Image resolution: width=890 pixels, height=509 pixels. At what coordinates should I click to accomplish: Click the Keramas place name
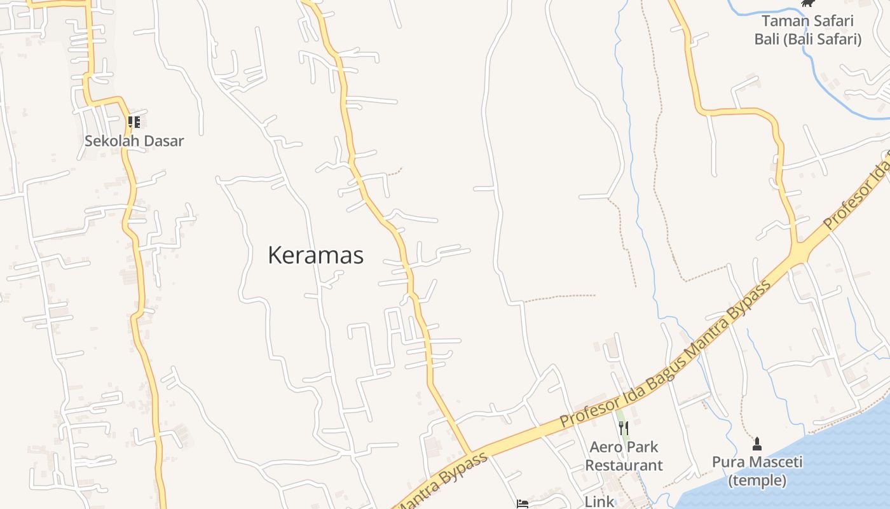[315, 255]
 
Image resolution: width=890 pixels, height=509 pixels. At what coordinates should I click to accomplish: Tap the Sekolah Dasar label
[134, 141]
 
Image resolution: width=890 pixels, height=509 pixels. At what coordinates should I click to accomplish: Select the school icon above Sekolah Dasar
[133, 122]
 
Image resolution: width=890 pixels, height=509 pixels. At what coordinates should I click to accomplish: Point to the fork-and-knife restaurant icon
[623, 428]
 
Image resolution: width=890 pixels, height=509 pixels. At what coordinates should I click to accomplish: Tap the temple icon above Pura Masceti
[756, 443]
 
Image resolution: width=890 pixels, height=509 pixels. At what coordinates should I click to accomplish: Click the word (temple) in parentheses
[756, 480]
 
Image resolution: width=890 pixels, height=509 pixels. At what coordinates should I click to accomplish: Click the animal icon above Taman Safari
[807, 3]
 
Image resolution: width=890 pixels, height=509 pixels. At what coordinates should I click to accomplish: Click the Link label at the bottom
[599, 501]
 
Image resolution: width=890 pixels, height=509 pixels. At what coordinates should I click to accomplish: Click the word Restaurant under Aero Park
[624, 465]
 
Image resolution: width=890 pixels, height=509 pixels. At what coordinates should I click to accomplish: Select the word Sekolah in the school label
[108, 141]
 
